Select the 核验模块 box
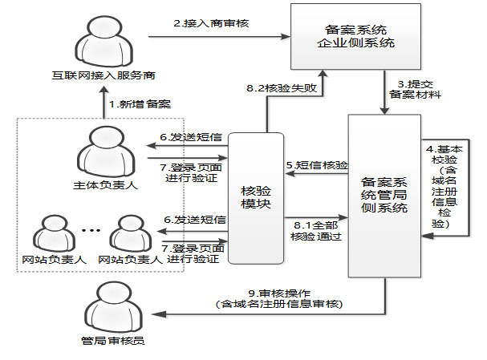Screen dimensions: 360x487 [x=257, y=198]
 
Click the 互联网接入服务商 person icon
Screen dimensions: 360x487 [x=100, y=40]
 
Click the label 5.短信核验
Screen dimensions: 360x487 [x=317, y=166]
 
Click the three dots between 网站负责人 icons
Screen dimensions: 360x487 [x=90, y=232]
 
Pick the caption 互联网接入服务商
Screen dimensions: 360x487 [x=100, y=76]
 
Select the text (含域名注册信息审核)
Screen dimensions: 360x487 [x=280, y=304]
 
